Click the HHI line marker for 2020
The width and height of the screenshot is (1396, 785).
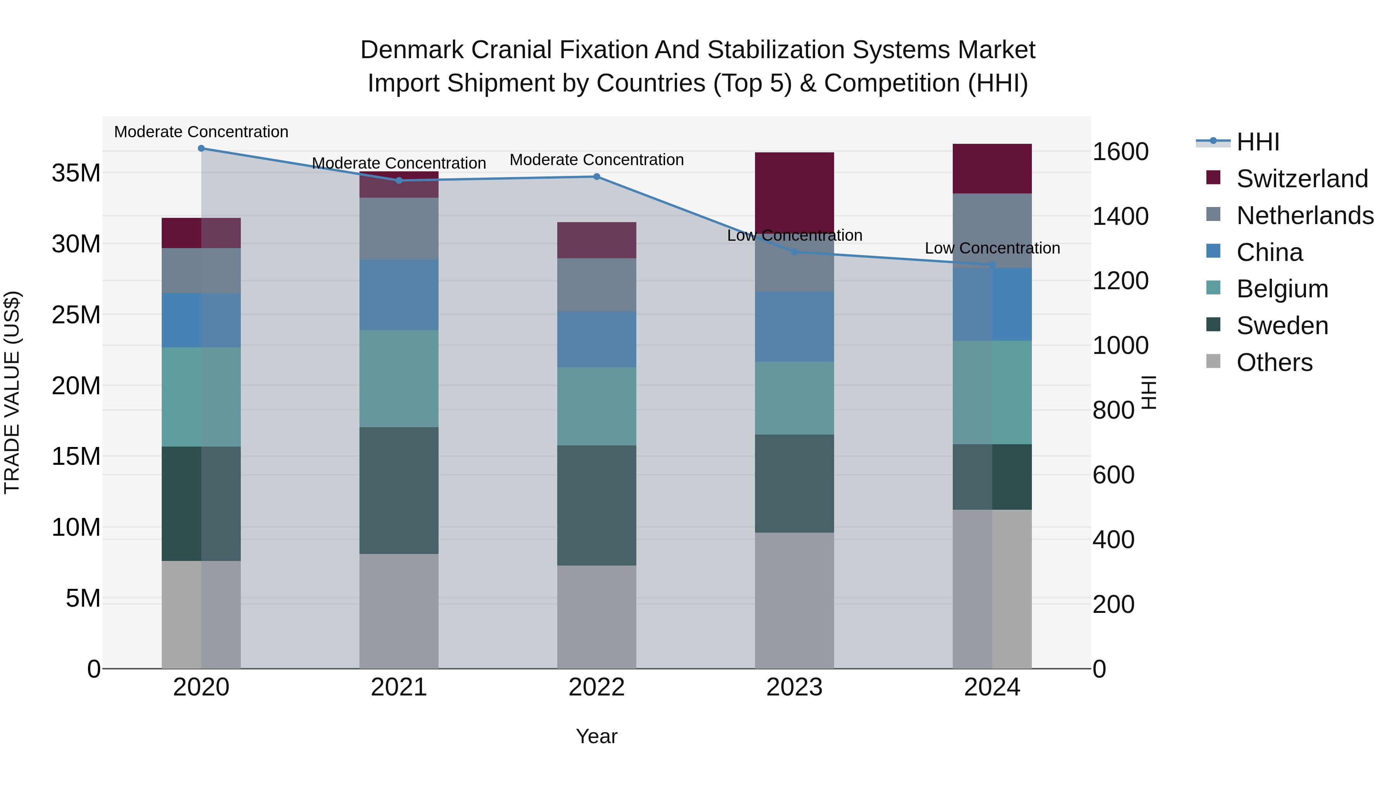click(x=201, y=148)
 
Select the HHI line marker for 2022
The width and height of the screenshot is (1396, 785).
click(x=597, y=177)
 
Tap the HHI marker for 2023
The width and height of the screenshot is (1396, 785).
click(x=795, y=252)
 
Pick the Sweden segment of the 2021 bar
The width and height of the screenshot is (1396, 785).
click(x=399, y=490)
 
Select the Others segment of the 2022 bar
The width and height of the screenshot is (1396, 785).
click(x=597, y=617)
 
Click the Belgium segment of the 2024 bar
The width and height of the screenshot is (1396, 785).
click(x=992, y=392)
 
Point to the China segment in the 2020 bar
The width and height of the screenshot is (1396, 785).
click(x=201, y=320)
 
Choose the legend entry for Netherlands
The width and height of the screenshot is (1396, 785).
click(x=1305, y=216)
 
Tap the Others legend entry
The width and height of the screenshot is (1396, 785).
click(x=1274, y=362)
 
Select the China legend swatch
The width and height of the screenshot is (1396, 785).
click(x=1213, y=251)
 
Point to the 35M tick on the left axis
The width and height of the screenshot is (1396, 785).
click(x=76, y=173)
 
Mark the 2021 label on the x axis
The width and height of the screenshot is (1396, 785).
click(x=399, y=687)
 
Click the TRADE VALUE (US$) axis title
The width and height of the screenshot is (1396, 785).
click(x=12, y=392)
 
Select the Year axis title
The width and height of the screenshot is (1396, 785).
click(x=597, y=736)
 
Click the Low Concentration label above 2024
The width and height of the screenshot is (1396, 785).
click(x=992, y=248)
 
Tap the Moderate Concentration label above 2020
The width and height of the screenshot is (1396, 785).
click(x=201, y=132)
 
